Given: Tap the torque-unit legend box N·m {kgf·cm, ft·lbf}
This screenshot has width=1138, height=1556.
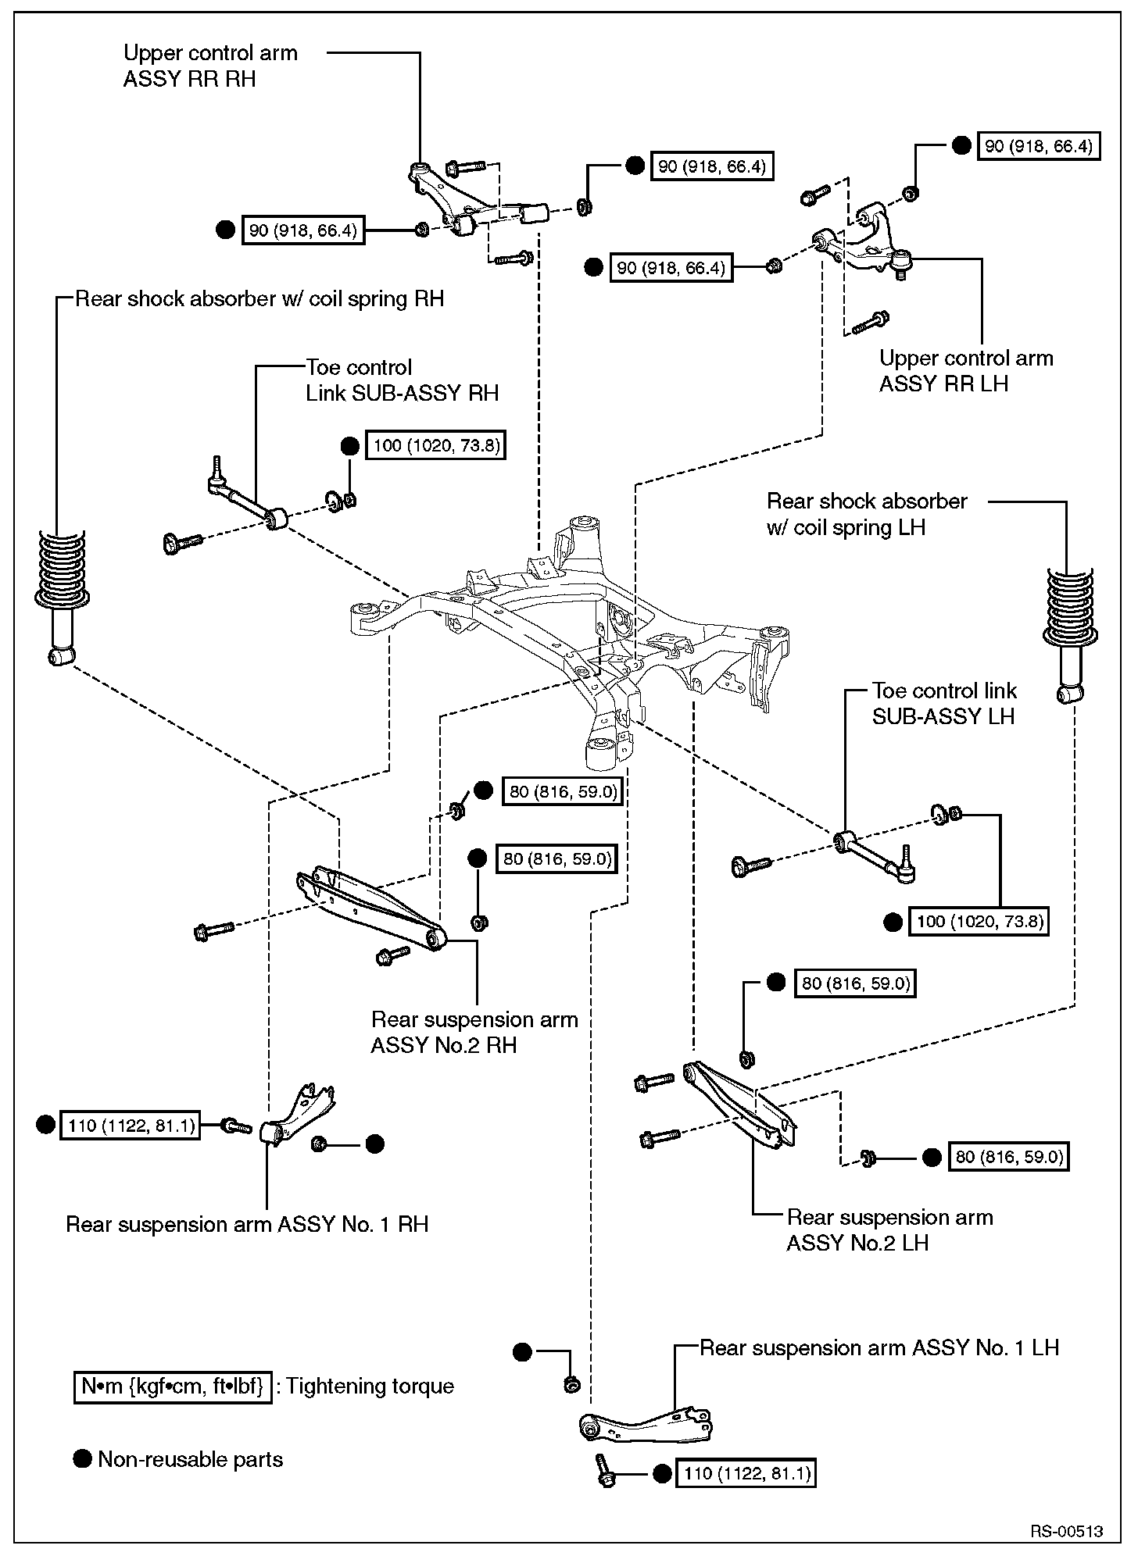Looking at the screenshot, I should point(173,1386).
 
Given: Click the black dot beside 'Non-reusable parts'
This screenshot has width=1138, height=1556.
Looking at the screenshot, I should point(82,1458).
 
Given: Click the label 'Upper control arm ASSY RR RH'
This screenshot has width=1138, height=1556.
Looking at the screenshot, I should point(210,66).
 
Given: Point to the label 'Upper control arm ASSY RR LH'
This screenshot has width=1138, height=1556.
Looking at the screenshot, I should point(966,371).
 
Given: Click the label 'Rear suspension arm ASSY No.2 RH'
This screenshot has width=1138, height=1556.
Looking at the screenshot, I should point(474,1031).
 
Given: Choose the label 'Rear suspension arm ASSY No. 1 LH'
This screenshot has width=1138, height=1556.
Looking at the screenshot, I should point(879,1347).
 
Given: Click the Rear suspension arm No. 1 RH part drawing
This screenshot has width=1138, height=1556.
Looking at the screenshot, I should point(300,1113).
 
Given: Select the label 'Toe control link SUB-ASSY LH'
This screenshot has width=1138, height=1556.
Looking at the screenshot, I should point(944,703).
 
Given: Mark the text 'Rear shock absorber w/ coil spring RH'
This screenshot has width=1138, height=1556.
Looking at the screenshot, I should point(259,299).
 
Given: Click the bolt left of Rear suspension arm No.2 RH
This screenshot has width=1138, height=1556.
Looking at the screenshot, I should point(212,930).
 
